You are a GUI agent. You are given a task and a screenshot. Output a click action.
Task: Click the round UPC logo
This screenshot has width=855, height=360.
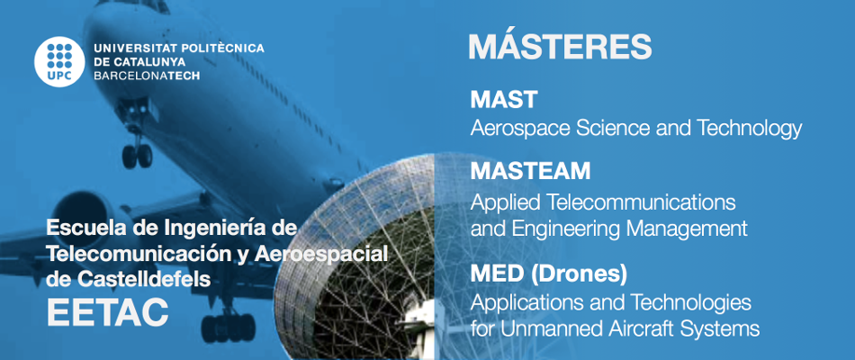coord(58,62)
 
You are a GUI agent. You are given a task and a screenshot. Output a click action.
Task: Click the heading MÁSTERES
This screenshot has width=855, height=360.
coord(560,46)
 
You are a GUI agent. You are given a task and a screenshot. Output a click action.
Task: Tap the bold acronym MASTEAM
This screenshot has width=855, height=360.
coord(530,171)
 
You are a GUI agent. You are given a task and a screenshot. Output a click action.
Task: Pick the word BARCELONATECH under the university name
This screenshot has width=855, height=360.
coord(147,76)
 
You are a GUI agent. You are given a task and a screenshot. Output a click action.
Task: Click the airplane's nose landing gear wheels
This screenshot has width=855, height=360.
coord(137,156)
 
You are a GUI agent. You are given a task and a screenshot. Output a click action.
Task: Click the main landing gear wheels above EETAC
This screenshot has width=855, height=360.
coord(228,327)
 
